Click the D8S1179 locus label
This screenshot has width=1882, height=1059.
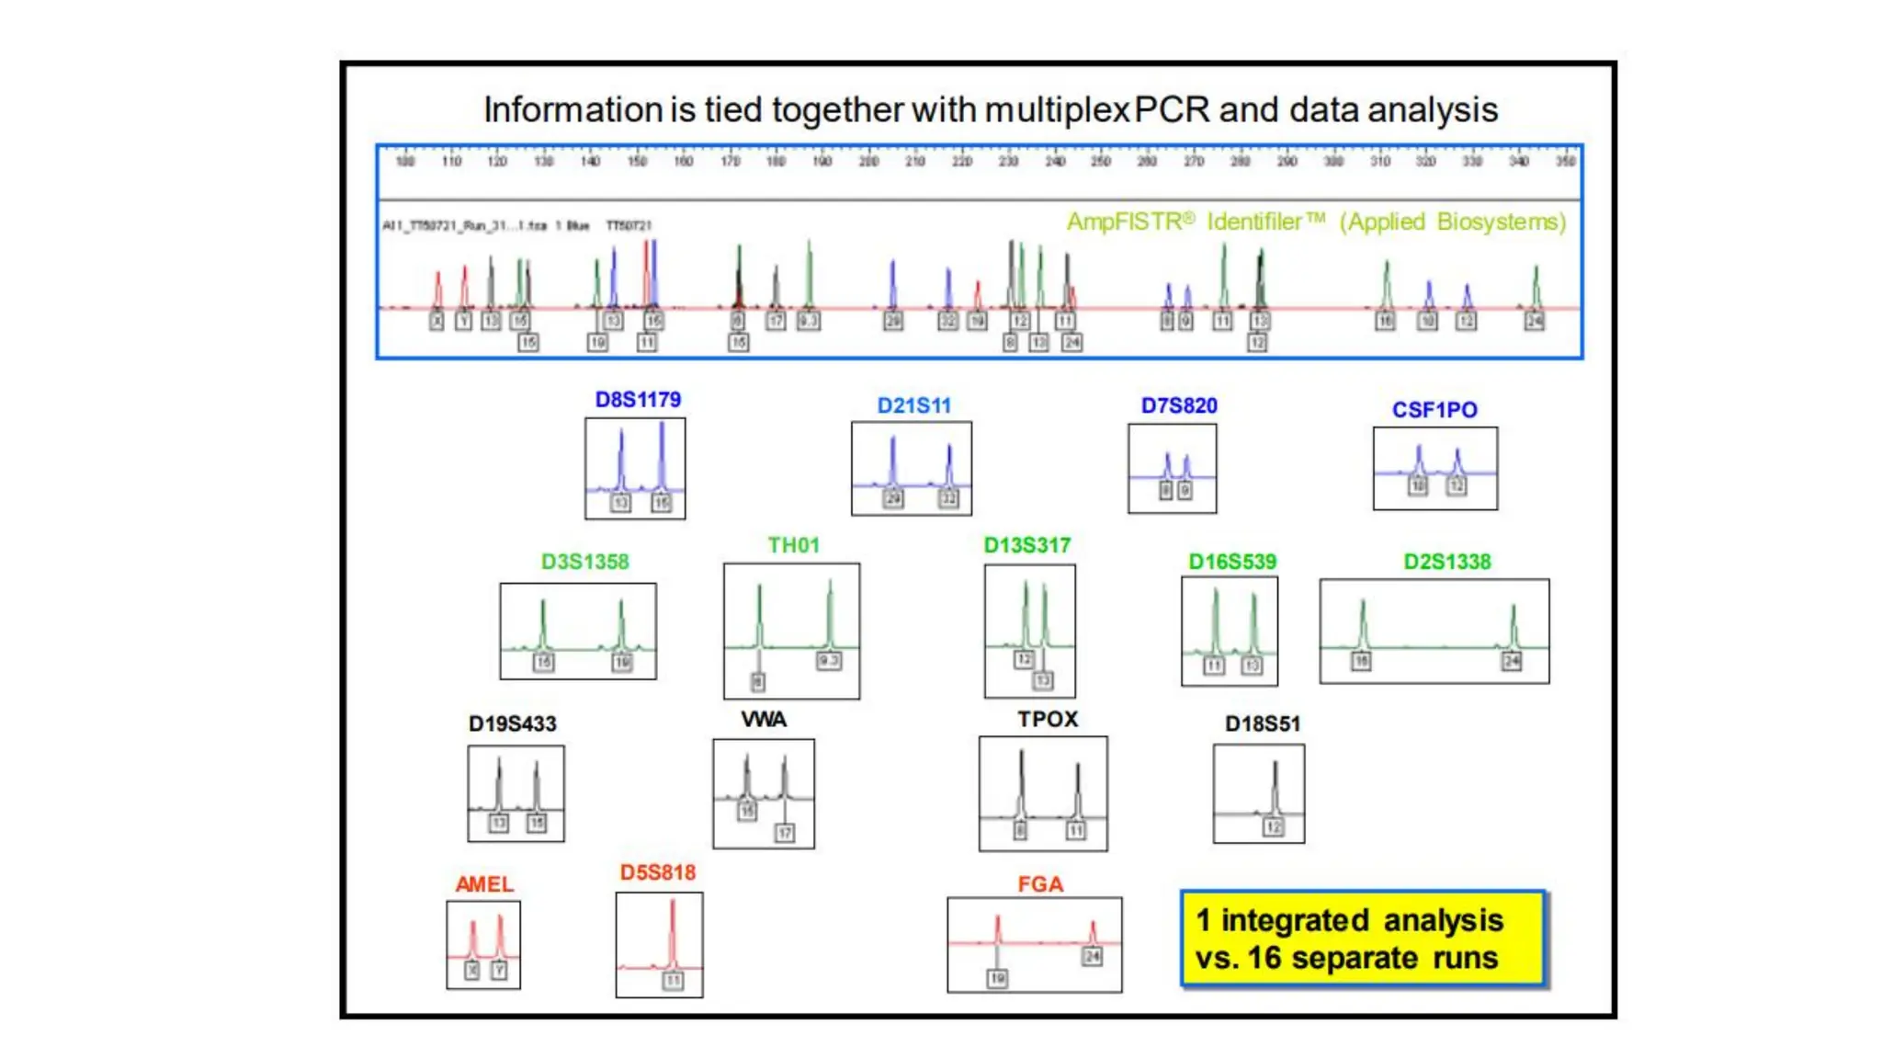(638, 400)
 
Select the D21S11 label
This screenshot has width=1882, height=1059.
(913, 405)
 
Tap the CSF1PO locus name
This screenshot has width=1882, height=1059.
(1434, 410)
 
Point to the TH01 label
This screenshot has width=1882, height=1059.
(793, 545)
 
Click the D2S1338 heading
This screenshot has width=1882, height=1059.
(1446, 562)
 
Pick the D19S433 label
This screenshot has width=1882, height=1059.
(512, 723)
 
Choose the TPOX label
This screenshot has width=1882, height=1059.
(1048, 719)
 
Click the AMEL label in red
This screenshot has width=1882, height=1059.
(484, 884)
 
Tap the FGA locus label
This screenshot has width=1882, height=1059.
(1040, 884)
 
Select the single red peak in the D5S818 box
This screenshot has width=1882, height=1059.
(673, 933)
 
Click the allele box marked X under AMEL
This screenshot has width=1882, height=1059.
(471, 971)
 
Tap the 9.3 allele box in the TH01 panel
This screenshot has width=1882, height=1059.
(829, 661)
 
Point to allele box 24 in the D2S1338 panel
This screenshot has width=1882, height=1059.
(1512, 661)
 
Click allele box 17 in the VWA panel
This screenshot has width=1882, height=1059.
(784, 833)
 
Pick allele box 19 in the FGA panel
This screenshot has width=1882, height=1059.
(998, 979)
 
